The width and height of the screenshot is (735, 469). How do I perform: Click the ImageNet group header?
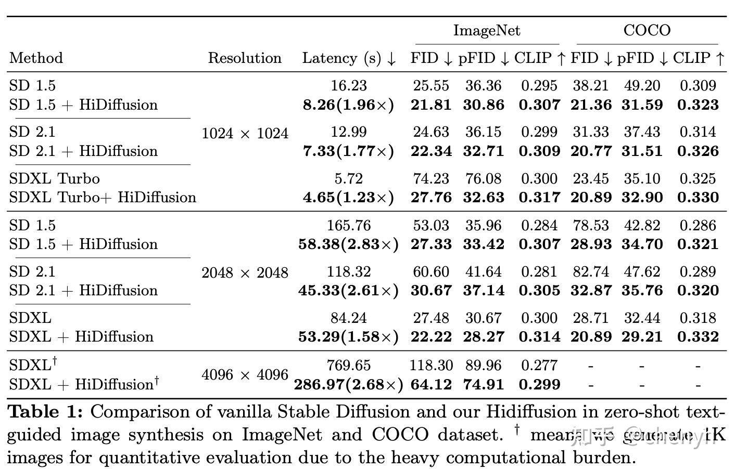(x=487, y=31)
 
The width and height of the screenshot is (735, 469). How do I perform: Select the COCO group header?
(x=647, y=31)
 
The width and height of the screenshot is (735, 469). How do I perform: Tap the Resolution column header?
(x=245, y=58)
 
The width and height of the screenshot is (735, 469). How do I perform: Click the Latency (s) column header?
(x=349, y=58)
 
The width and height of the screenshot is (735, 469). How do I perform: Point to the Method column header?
(x=36, y=58)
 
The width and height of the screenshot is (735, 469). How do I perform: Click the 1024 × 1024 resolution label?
(x=245, y=134)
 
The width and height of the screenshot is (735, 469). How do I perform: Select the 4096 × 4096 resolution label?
(x=245, y=375)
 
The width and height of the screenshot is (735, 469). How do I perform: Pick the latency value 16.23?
(x=349, y=86)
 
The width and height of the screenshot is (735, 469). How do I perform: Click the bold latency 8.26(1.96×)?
(x=349, y=105)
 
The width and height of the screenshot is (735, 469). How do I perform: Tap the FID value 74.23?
(x=431, y=179)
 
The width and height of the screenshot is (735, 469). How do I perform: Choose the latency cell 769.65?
(x=349, y=366)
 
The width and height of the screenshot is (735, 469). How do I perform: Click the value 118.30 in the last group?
(x=431, y=366)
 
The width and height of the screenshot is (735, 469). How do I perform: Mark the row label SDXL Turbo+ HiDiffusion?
(x=103, y=198)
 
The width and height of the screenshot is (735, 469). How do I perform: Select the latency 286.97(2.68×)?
(x=349, y=385)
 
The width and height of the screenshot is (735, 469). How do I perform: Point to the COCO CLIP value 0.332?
(x=698, y=337)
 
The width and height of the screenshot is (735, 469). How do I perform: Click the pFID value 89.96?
(x=484, y=366)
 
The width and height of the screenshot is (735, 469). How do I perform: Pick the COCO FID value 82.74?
(x=590, y=272)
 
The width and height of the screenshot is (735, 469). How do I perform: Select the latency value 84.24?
(x=349, y=318)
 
